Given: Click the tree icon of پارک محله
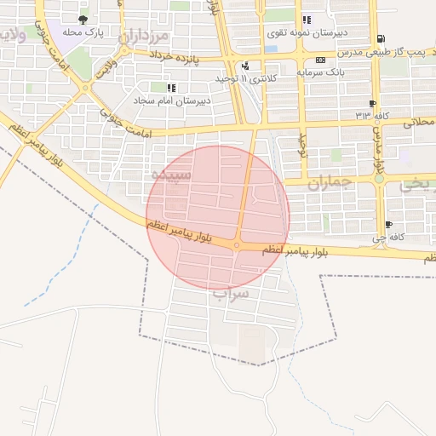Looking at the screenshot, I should [82, 19].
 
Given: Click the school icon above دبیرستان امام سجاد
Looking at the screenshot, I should [171, 87].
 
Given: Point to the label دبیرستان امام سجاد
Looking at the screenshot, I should [171, 100].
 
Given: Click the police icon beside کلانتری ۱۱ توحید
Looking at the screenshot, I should [245, 66].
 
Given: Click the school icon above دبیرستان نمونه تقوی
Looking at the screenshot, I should [306, 20].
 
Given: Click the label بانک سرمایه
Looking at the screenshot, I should [320, 72].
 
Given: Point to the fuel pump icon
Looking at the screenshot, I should [379, 38].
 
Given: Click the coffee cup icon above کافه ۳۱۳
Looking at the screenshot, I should [372, 103].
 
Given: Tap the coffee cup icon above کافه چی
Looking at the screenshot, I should [388, 225].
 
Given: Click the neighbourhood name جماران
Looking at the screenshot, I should [329, 183].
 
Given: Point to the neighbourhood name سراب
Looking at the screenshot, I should [231, 295].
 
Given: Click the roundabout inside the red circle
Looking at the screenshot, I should [237, 245].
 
